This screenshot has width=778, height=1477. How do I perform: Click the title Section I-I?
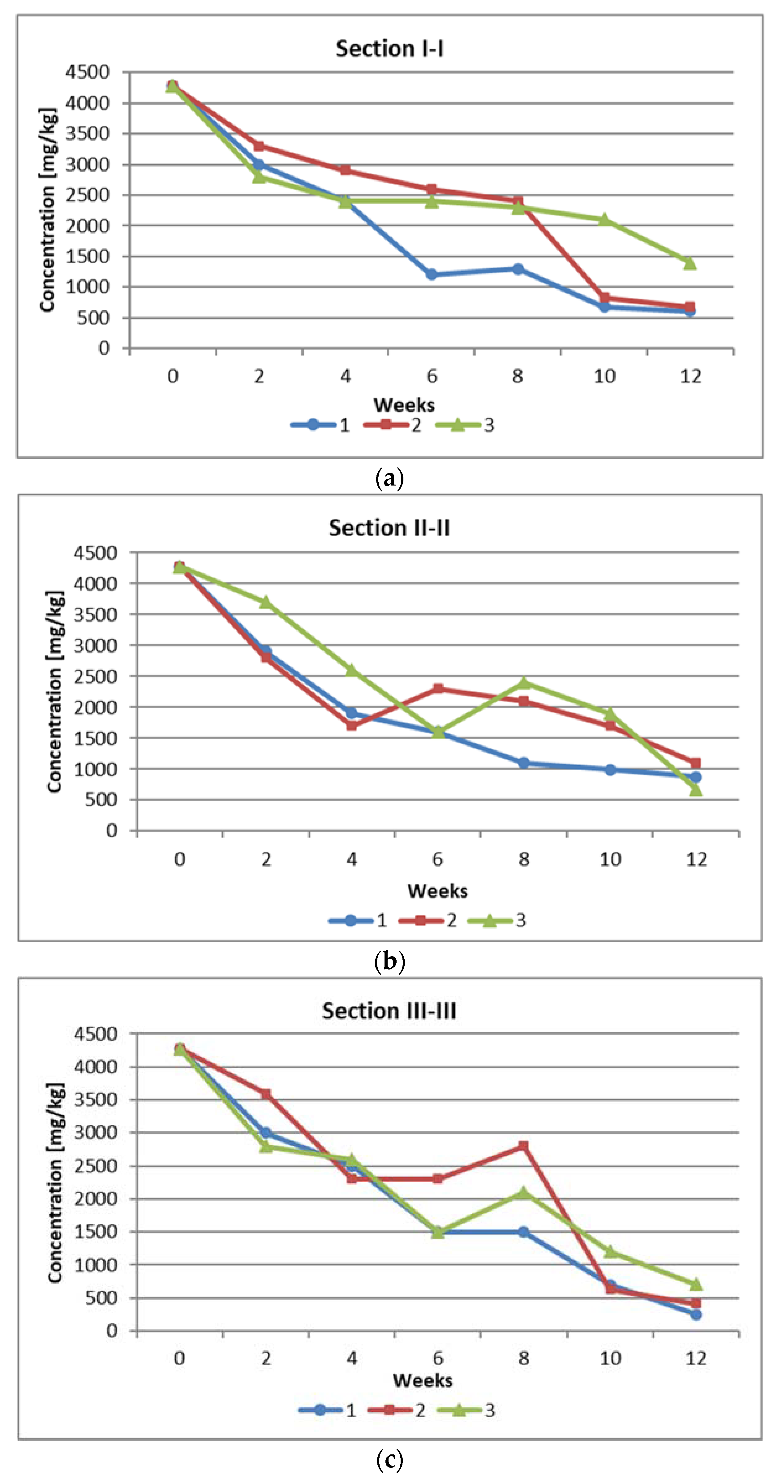tap(389, 49)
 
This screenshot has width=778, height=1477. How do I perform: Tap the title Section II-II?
tap(389, 528)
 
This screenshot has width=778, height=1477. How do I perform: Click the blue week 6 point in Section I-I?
tap(432, 275)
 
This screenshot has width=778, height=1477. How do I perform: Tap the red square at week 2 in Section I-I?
tap(259, 146)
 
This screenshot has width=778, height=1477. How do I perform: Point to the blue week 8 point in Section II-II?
tap(523, 762)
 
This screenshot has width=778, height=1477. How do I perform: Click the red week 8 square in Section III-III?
tap(523, 1146)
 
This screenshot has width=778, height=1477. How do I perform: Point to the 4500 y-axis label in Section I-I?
tap(87, 72)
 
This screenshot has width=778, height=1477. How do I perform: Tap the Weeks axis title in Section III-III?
tap(423, 1380)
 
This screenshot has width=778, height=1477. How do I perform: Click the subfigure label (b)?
tap(389, 961)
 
